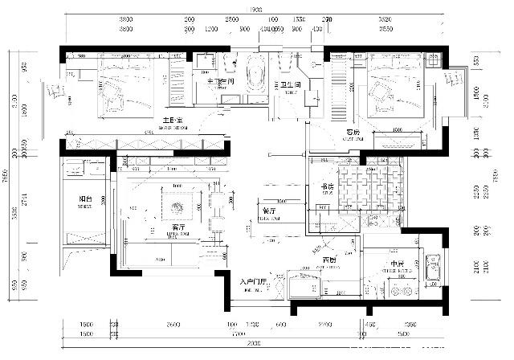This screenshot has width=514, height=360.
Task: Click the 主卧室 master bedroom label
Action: click(x=171, y=120)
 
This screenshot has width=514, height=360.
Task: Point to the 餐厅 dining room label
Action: click(x=269, y=210)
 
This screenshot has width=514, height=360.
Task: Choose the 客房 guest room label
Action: click(x=353, y=132)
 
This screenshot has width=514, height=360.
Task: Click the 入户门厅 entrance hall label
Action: click(x=259, y=282)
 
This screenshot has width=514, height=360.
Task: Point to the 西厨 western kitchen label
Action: click(x=329, y=261)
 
